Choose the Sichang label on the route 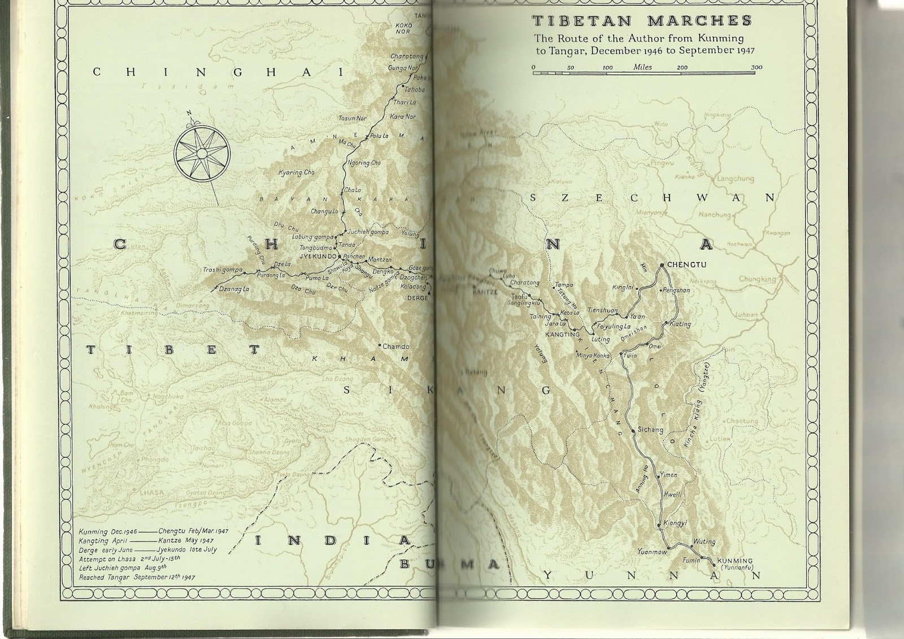click(x=650, y=430)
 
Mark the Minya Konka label click(x=593, y=356)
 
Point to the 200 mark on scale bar click(x=682, y=67)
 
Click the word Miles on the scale click(x=642, y=67)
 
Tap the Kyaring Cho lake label click(x=297, y=173)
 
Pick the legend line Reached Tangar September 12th click(x=137, y=577)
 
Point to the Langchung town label click(x=735, y=179)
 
